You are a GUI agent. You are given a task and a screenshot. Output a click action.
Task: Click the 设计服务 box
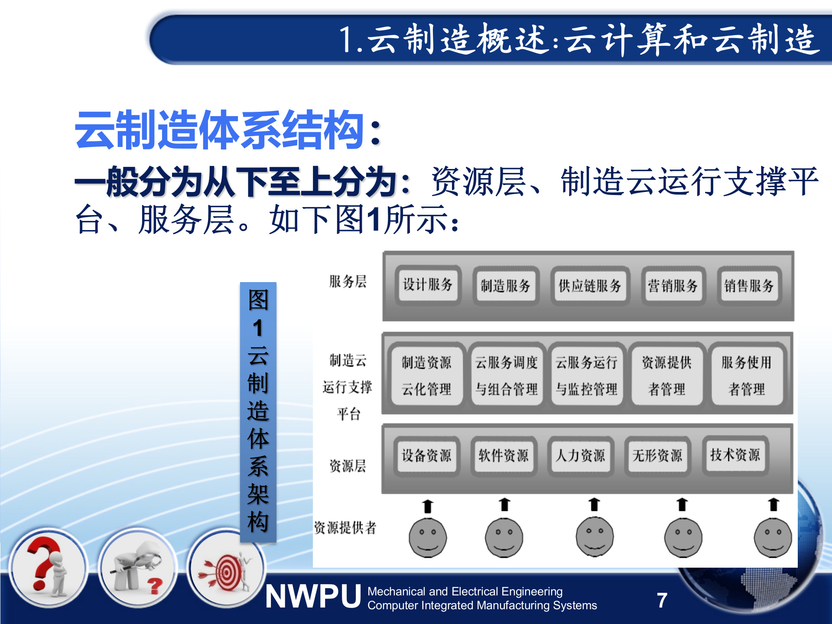point(428,285)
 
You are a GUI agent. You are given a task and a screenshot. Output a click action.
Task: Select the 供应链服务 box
point(589,286)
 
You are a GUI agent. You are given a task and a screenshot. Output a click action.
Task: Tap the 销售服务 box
point(748,286)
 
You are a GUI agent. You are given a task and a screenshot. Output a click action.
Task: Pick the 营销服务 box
point(672,286)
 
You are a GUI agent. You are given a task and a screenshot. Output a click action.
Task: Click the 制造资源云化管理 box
point(426,375)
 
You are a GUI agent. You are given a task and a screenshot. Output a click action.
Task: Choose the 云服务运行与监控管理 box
point(586,375)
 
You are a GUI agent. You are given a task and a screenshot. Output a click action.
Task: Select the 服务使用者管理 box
point(746,375)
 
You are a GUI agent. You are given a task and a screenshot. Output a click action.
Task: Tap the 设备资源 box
point(426,455)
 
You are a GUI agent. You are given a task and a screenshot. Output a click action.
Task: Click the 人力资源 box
point(580,455)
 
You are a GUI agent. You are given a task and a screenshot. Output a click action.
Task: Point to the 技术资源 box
point(734,455)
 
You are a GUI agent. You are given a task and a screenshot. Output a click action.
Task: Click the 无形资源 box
point(657,455)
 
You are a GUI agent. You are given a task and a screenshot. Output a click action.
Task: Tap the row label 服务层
point(348,282)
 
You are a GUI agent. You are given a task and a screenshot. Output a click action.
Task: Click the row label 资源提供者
point(345,528)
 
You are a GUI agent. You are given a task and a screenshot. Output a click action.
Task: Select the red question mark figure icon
point(48,568)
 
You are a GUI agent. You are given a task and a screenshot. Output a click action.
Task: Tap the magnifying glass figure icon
point(137,568)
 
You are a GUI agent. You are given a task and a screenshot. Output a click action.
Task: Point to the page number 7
point(662,601)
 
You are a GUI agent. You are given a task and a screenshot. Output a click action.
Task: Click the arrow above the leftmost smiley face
point(428,506)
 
